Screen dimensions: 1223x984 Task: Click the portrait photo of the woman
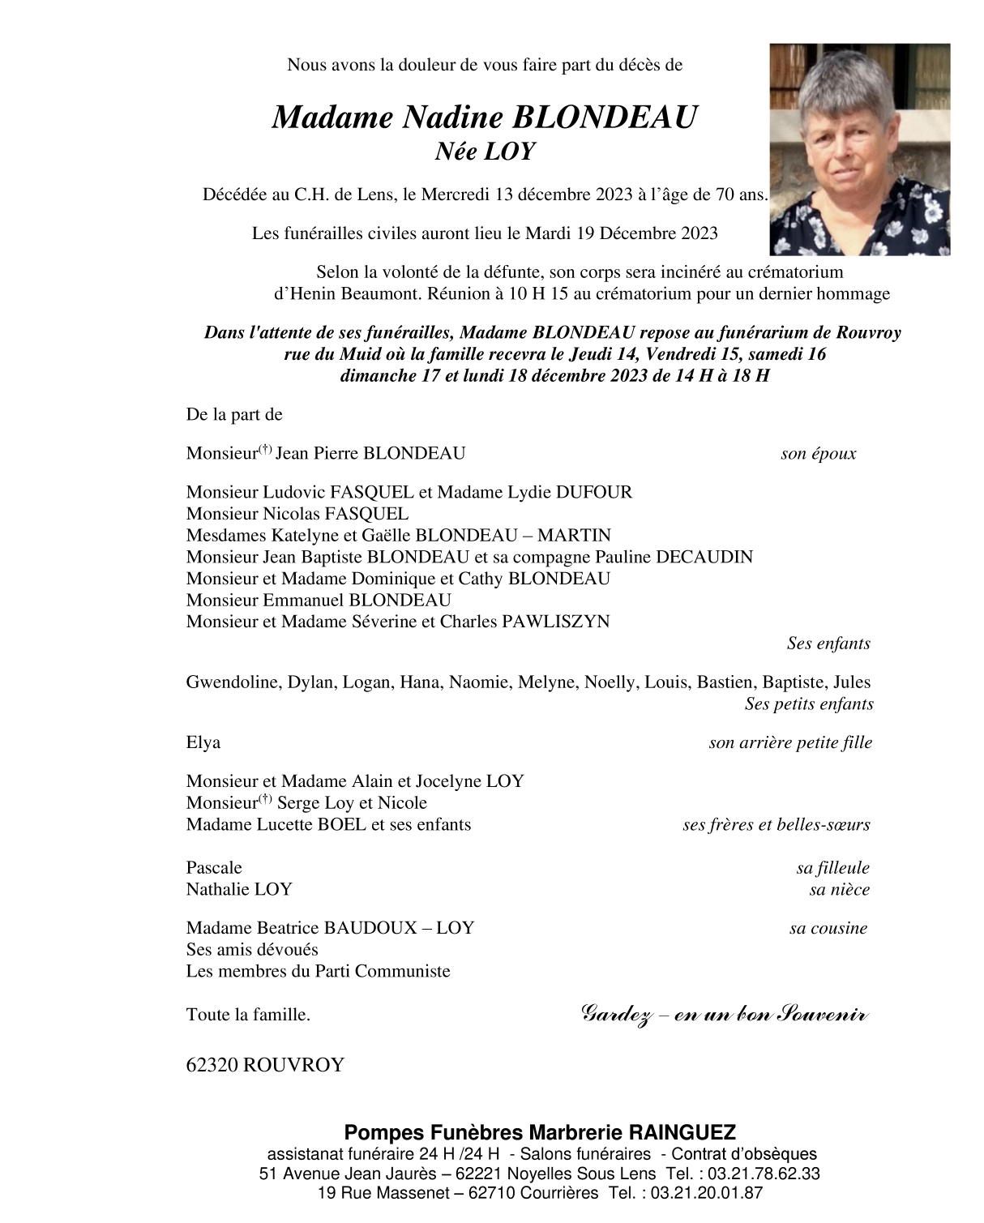point(859,150)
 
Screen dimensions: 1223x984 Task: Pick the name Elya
point(203,742)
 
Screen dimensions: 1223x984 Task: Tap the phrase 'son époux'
point(818,454)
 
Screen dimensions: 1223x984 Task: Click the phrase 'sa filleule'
point(832,869)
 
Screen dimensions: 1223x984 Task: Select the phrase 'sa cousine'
point(828,929)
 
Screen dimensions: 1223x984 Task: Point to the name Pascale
point(214,868)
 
